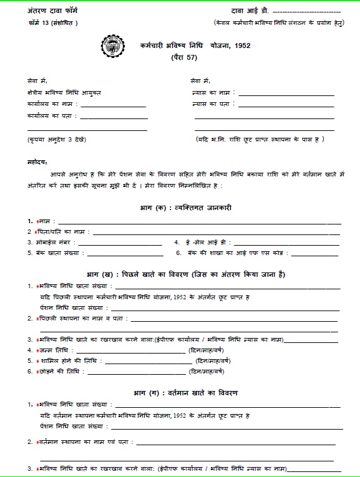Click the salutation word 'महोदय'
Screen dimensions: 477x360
click(38, 161)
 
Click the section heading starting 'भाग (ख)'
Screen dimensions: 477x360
click(186, 274)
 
